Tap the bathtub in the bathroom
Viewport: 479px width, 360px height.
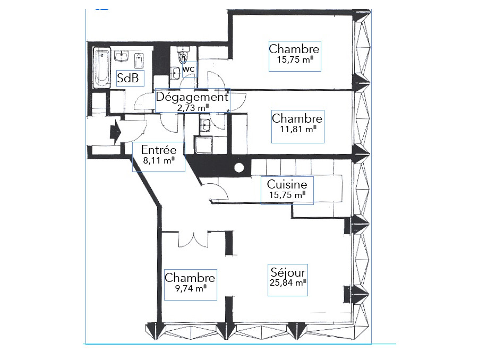pos(101,68)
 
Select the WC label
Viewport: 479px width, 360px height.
pos(189,69)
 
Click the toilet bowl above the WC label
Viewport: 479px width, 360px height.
pos(184,55)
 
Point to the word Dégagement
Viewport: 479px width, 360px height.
pos(192,98)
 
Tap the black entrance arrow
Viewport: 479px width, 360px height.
pos(115,131)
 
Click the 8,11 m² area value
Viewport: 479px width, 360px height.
pos(157,159)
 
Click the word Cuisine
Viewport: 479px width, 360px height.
pos(287,185)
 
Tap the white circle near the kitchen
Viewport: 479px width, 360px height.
pos(239,168)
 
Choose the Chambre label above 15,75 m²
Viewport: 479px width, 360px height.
pos(294,49)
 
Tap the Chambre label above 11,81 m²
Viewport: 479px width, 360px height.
pos(297,118)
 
